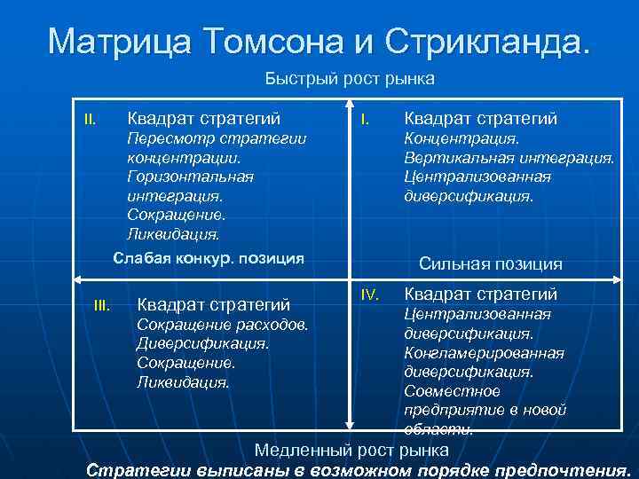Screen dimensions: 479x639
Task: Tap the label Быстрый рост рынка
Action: point(350,79)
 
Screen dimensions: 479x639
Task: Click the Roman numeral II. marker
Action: point(90,118)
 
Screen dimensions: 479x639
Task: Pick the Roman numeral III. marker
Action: point(101,306)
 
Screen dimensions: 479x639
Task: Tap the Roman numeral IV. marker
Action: point(370,293)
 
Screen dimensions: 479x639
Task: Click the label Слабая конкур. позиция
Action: point(209,258)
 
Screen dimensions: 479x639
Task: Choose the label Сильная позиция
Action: point(490,263)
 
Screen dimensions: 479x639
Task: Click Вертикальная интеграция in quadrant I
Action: point(509,157)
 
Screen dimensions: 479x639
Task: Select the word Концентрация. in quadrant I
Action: point(461,138)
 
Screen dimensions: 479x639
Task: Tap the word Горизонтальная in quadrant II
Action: point(190,176)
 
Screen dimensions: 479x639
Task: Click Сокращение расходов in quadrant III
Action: point(223,325)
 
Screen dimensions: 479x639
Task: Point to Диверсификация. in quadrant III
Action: point(202,343)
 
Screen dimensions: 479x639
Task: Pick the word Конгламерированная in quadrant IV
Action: point(484,353)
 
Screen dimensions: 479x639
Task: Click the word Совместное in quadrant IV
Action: point(452,391)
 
